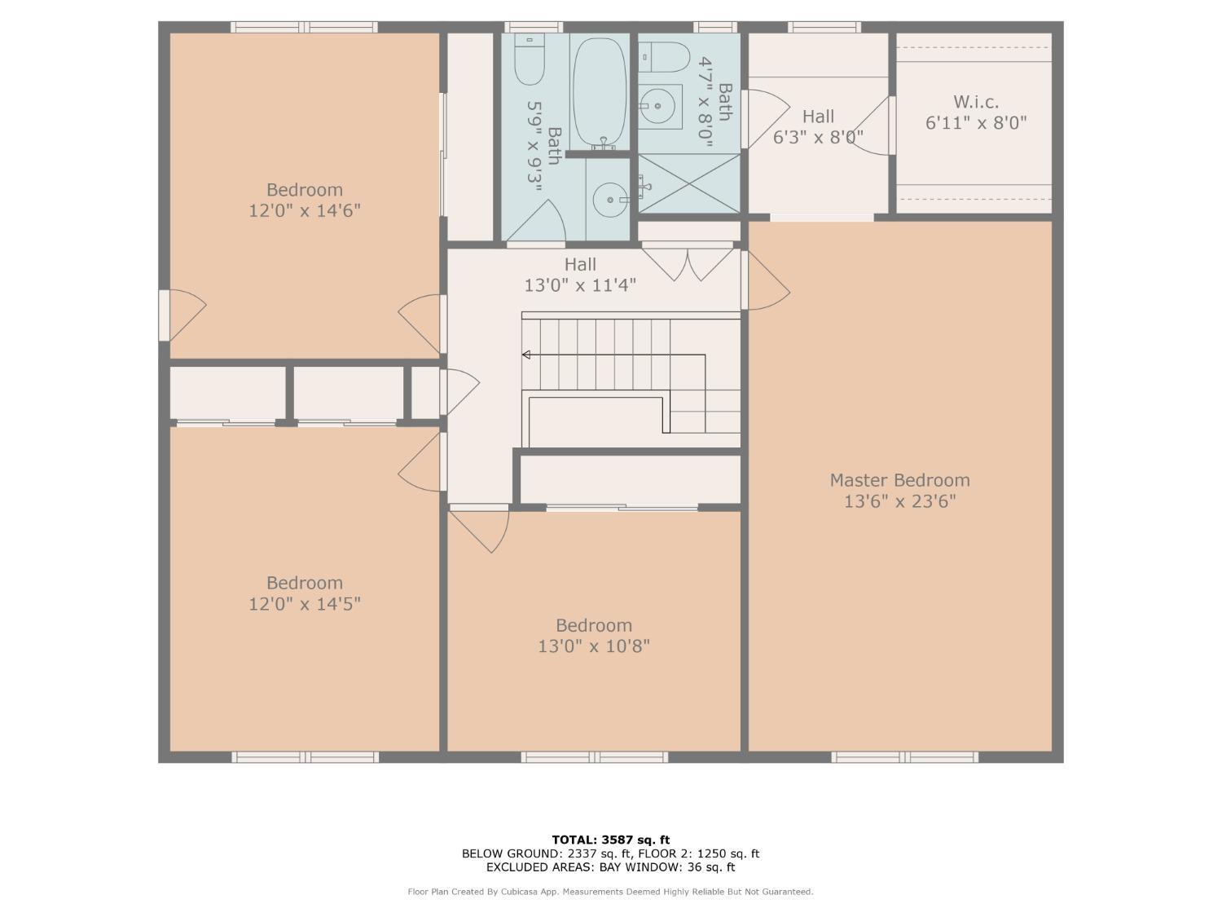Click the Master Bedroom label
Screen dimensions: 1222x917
tap(899, 480)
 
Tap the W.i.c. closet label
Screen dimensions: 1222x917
tap(976, 102)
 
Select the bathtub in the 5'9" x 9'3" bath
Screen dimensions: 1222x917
tap(600, 92)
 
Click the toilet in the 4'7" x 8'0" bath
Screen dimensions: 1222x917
tap(664, 57)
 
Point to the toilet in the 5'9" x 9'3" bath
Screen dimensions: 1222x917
tap(529, 59)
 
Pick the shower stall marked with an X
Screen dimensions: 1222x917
tap(689, 183)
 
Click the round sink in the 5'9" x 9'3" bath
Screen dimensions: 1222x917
tap(611, 200)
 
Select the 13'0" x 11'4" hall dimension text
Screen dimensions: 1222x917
tap(580, 285)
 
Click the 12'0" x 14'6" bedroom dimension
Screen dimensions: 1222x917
tap(305, 211)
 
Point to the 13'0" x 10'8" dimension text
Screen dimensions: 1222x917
tap(594, 646)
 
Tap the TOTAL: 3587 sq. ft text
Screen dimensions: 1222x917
tap(611, 840)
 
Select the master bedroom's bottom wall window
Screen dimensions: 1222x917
tap(904, 757)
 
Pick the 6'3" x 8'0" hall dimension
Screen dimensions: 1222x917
tap(818, 137)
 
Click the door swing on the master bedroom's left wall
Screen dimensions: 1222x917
tap(766, 280)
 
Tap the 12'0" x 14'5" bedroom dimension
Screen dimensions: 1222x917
tap(305, 604)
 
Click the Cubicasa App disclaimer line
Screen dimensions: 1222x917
tap(610, 892)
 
